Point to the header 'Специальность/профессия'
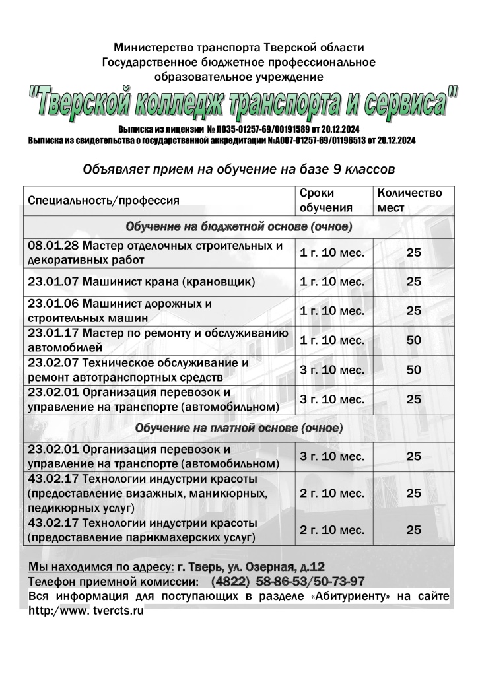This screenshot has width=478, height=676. click(104, 200)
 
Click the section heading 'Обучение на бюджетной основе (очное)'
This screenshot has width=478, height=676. click(238, 226)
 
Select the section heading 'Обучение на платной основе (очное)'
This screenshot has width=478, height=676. click(238, 428)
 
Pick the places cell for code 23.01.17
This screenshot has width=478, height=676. click(413, 341)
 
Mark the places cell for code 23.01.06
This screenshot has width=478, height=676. click(413, 310)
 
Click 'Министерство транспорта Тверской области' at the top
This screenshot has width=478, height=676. click(238, 48)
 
